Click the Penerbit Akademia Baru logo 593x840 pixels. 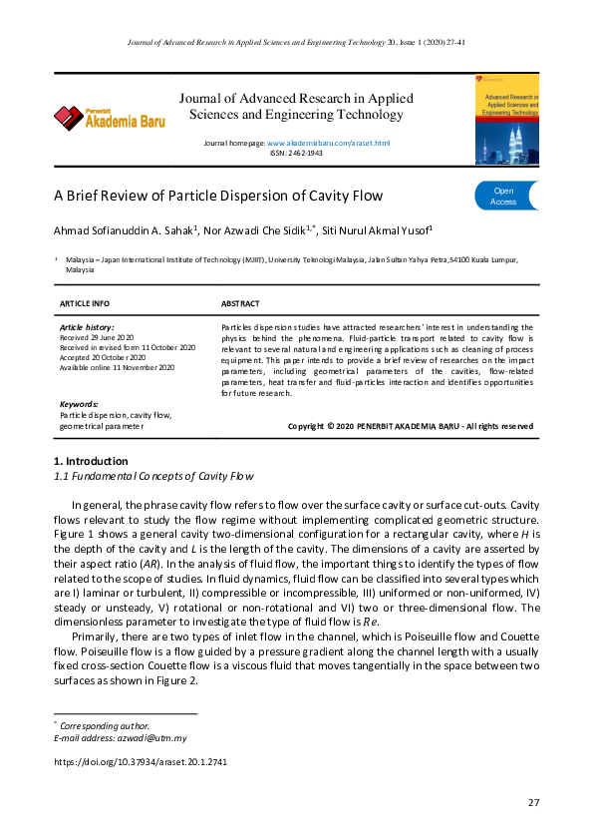pos(99,119)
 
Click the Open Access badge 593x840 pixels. pos(504,196)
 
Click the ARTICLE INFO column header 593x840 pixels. pos(85,303)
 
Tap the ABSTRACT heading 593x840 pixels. pos(239,303)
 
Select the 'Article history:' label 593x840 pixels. pos(87,327)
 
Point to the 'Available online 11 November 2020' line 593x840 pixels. pos(118,367)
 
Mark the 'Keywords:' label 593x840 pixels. pos(80,404)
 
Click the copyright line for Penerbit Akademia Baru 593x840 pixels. pos(410,426)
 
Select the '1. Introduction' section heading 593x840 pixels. pos(90,461)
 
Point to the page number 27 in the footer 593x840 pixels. pos(533,803)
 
